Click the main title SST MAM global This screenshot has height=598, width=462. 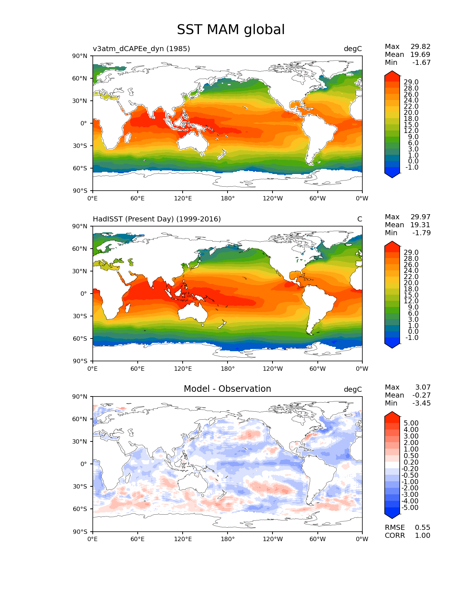[x=231, y=30]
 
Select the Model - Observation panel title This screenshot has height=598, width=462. [x=227, y=389]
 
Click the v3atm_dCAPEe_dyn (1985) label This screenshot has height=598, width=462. [x=141, y=49]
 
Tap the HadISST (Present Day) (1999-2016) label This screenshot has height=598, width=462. [x=157, y=219]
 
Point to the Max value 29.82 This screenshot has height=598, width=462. [x=420, y=47]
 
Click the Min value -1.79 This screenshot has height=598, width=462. [x=421, y=233]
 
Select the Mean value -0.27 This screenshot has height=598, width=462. [x=421, y=395]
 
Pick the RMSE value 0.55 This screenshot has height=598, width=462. [x=423, y=528]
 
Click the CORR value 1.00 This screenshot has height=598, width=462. [x=423, y=536]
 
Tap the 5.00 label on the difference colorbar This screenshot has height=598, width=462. [x=411, y=423]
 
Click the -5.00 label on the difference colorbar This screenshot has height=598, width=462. [x=410, y=508]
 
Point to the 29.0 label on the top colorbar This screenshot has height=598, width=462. [x=411, y=82]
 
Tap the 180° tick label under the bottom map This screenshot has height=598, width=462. [x=228, y=539]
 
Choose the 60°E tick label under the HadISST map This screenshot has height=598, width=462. [x=138, y=369]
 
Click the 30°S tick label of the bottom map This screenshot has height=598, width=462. [x=80, y=487]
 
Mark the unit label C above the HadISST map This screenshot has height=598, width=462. [x=359, y=219]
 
